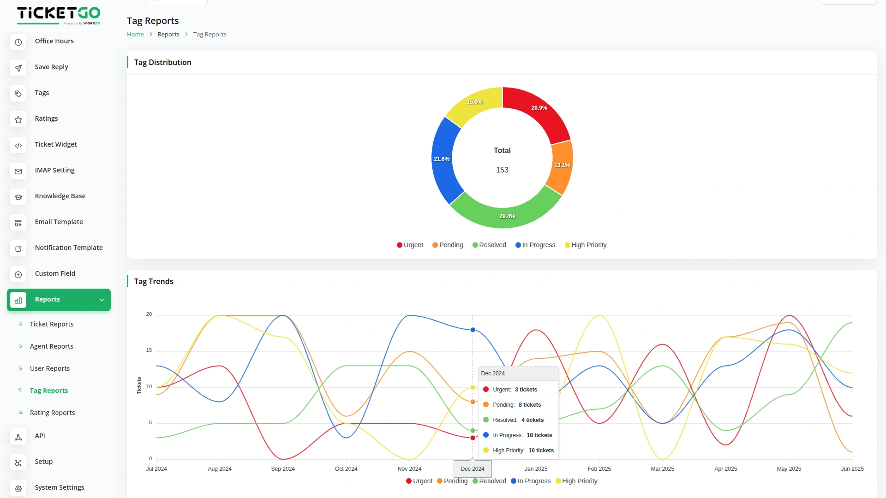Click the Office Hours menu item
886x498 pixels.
(x=54, y=41)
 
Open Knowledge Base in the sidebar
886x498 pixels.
(x=60, y=196)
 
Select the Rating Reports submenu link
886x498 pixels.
(x=52, y=413)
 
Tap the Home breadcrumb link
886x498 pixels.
(x=135, y=35)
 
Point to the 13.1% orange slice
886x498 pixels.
(x=562, y=165)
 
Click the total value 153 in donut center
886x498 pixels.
(x=502, y=170)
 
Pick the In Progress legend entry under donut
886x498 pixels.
(x=535, y=245)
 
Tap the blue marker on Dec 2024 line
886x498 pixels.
(x=473, y=330)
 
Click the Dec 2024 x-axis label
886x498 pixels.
(x=473, y=469)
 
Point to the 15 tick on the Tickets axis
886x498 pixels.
(x=149, y=350)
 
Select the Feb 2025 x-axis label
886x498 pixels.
(x=599, y=469)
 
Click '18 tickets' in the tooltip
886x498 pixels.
(x=539, y=435)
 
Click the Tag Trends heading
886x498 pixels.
(x=154, y=281)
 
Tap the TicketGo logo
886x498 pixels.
(x=59, y=15)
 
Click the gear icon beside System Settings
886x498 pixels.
(x=18, y=488)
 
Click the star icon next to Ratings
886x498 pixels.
(x=18, y=119)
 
